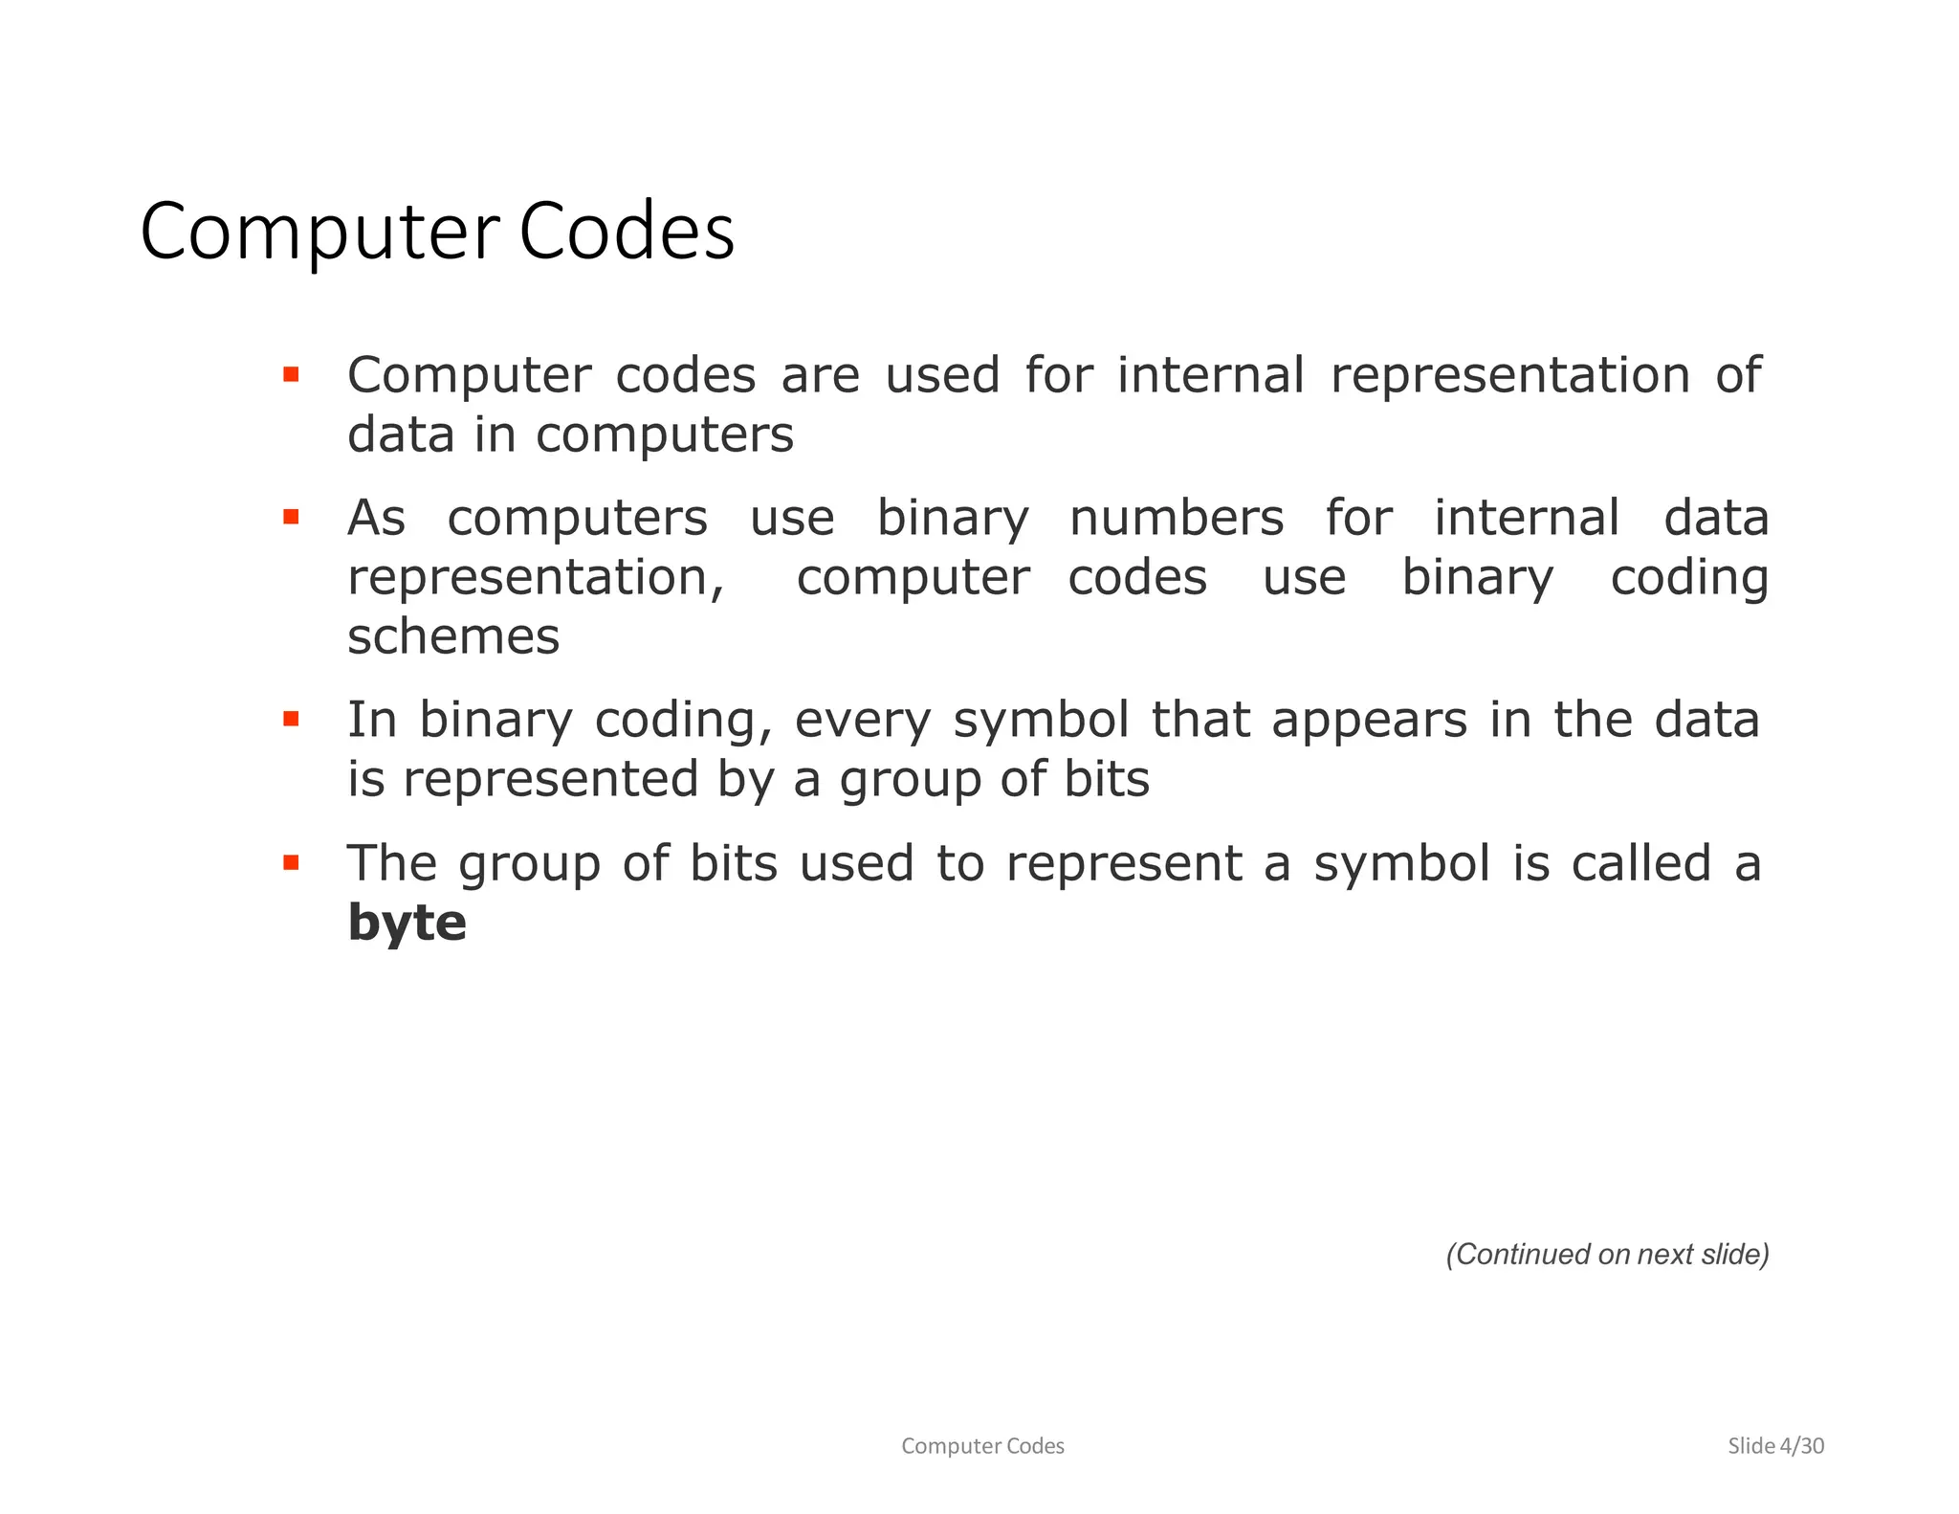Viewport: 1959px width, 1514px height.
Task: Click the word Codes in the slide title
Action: click(627, 232)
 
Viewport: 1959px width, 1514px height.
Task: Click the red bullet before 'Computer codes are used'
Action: click(292, 374)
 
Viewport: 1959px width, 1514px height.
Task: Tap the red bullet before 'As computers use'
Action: click(292, 518)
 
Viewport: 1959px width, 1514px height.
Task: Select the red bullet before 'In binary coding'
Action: click(292, 719)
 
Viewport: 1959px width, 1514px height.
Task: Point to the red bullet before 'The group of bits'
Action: click(292, 863)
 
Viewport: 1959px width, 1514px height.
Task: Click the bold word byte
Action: click(407, 923)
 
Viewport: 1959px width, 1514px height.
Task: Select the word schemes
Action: click(453, 636)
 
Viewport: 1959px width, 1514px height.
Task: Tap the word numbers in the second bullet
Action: click(1176, 518)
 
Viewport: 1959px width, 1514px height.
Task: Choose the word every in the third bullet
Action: click(862, 721)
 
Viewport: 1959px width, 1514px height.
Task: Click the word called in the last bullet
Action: click(1640, 863)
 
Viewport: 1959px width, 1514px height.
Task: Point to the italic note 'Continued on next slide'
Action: click(1607, 1254)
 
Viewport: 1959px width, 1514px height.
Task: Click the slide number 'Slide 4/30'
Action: click(1775, 1445)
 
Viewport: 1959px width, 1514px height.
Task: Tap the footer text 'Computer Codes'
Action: click(982, 1445)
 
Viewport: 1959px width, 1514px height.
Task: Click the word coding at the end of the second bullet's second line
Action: click(1688, 578)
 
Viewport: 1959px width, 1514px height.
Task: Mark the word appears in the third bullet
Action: click(1369, 721)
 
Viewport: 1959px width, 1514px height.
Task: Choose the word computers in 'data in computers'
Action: click(664, 435)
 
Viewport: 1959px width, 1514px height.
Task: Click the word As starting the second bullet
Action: click(376, 518)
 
